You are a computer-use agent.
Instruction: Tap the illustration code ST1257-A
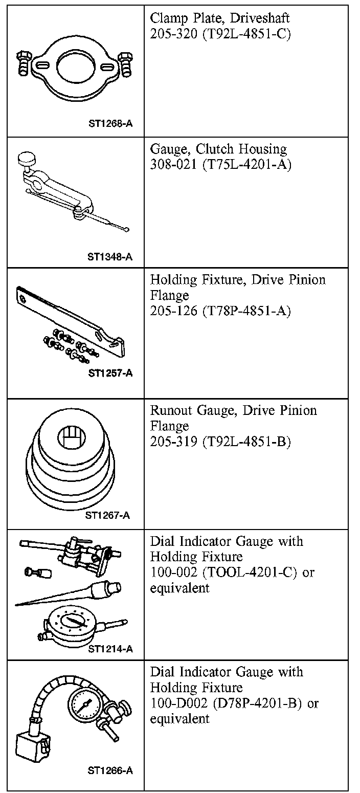(110, 373)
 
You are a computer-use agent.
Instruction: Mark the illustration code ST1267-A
(107, 515)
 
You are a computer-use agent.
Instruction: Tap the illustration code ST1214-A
(110, 649)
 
